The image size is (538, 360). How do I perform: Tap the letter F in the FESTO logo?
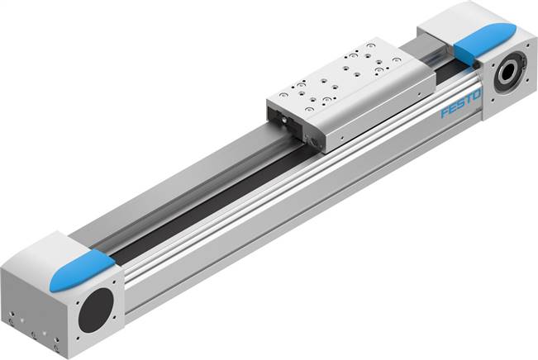tap(445, 111)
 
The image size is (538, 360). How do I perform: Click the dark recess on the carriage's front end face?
tap(284, 124)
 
